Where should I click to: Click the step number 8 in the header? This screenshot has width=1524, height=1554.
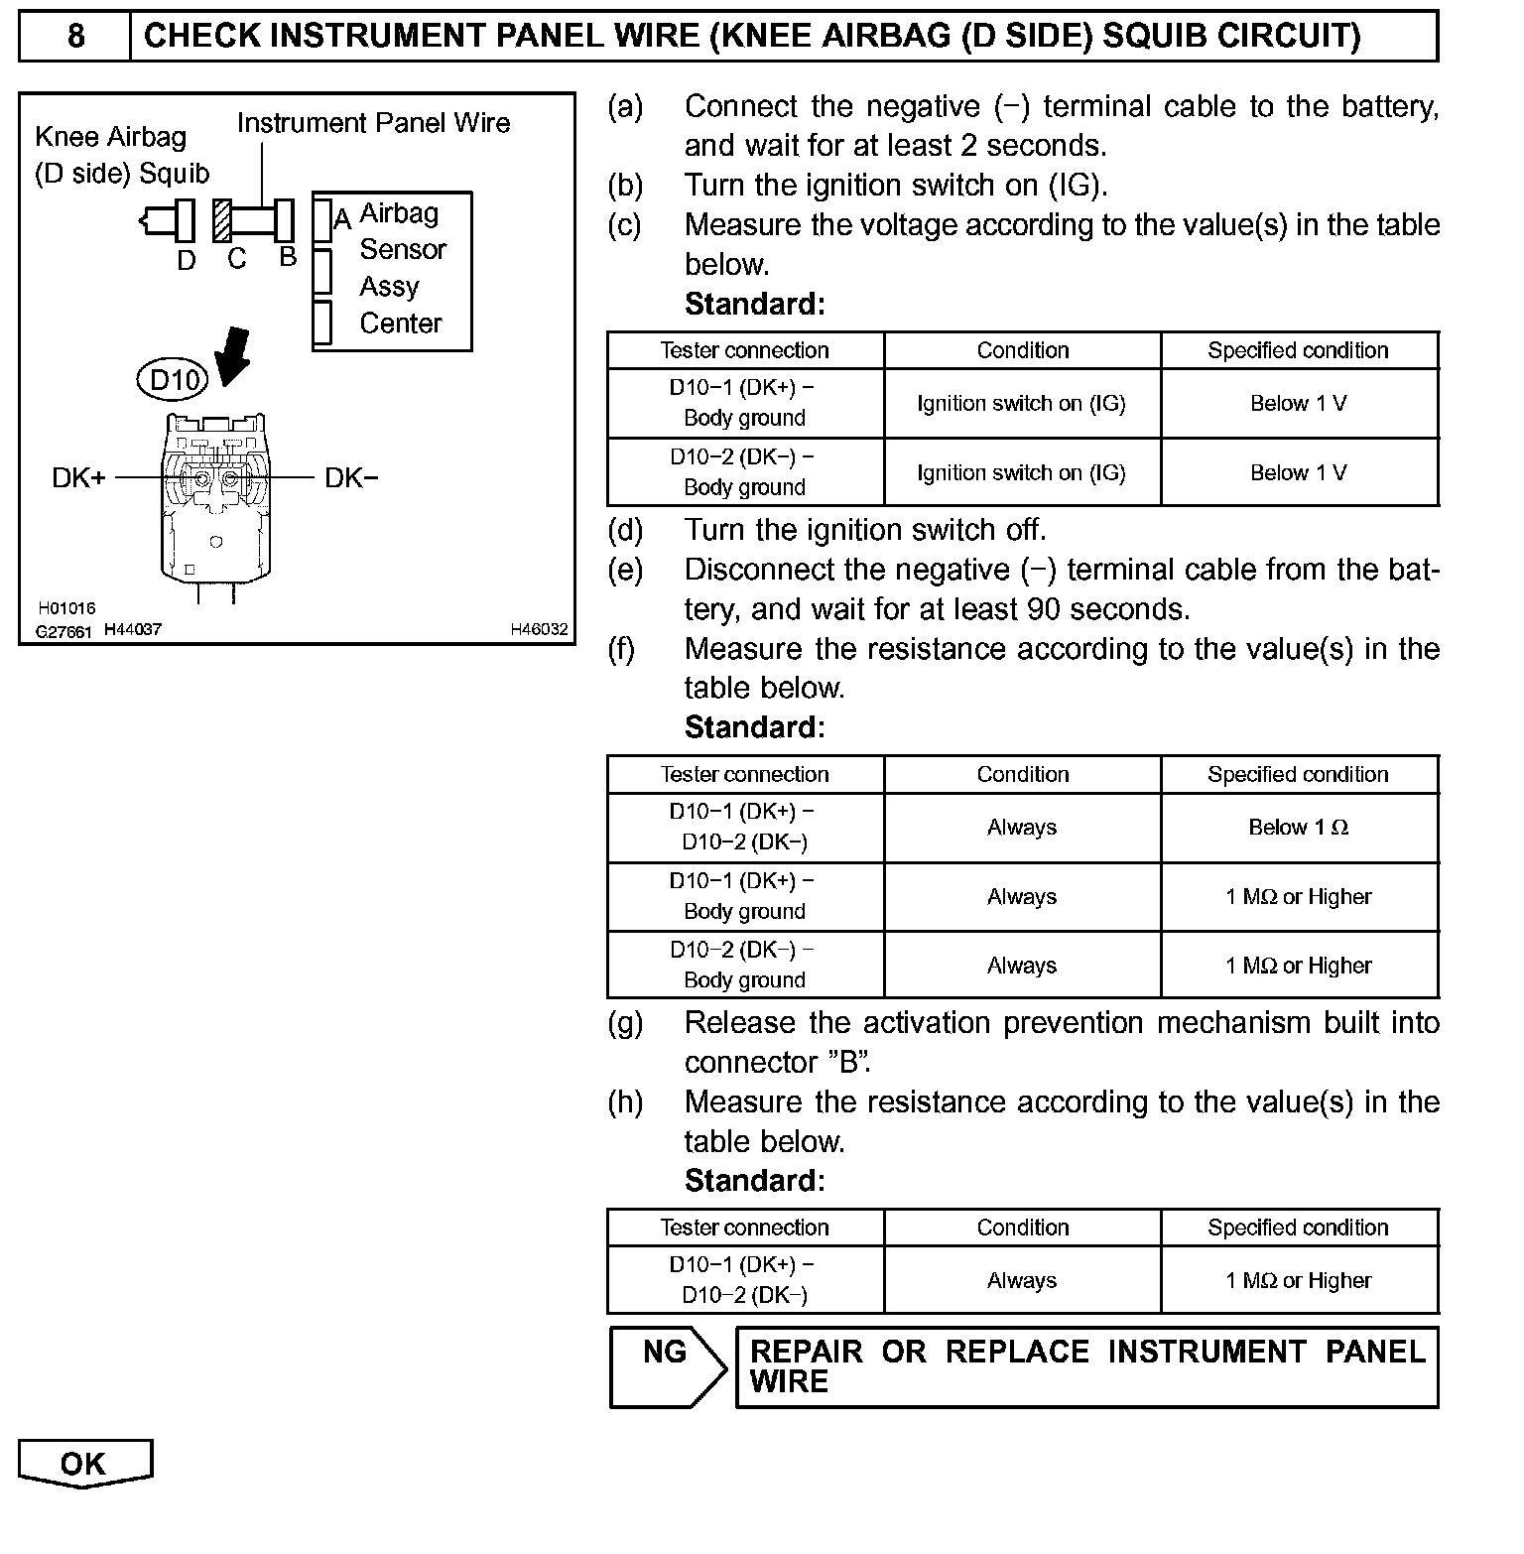75,37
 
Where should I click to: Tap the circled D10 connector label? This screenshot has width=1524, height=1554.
174,379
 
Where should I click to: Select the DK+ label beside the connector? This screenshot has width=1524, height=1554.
78,478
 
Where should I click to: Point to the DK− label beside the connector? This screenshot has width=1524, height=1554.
351,478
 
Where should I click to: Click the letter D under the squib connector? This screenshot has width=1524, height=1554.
187,260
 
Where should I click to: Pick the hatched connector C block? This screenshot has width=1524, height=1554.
221,220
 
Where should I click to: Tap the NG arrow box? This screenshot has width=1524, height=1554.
667,1365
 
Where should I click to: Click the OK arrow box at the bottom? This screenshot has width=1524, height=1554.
84,1464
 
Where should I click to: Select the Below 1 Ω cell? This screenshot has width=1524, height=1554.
1298,828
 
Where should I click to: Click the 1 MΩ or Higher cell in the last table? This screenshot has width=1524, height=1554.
1298,1280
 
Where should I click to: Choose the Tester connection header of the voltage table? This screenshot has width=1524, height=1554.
744,350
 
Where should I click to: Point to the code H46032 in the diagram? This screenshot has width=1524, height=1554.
539,629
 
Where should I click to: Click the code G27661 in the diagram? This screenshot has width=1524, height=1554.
63,631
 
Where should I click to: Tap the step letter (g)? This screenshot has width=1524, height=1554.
625,1023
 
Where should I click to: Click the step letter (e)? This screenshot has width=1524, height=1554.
625,570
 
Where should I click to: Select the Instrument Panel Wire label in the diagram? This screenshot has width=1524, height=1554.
373,123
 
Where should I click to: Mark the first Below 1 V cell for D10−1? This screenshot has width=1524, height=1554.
1298,403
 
